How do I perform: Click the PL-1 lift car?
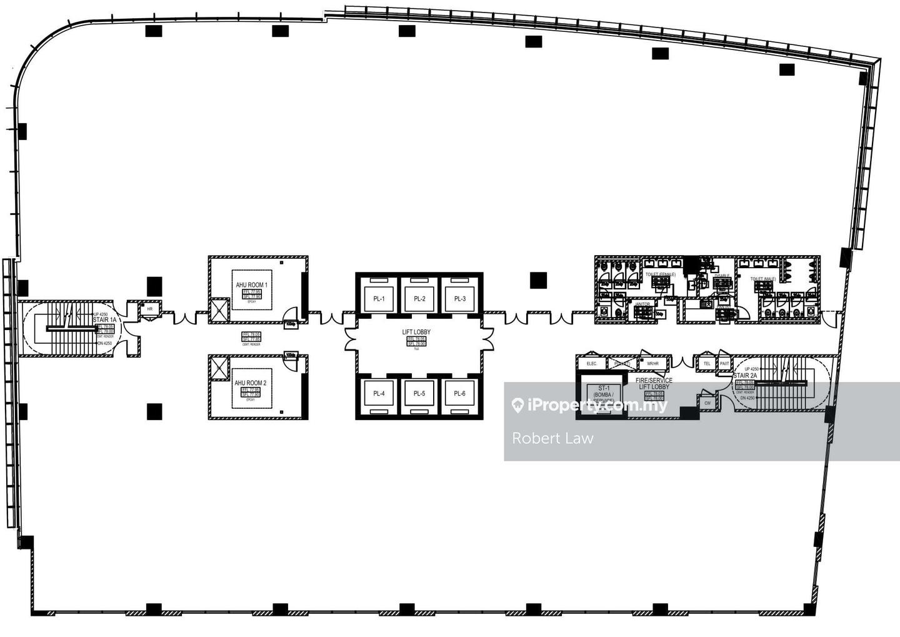pyautogui.click(x=379, y=299)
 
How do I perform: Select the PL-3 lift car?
pyautogui.click(x=460, y=299)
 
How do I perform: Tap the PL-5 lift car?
pyautogui.click(x=419, y=393)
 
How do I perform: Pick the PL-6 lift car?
pyautogui.click(x=459, y=393)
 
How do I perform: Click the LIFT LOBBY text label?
pyautogui.click(x=416, y=333)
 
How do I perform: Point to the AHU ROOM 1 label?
pyautogui.click(x=251, y=285)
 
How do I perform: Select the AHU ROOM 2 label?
pyautogui.click(x=251, y=383)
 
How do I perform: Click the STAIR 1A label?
pyautogui.click(x=104, y=319)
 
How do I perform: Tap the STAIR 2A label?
pyautogui.click(x=745, y=376)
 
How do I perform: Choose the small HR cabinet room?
pyautogui.click(x=150, y=309)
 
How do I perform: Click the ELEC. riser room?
pyautogui.click(x=591, y=364)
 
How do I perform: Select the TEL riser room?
pyautogui.click(x=707, y=363)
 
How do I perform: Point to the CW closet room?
pyautogui.click(x=707, y=403)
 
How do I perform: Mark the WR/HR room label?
pyautogui.click(x=652, y=364)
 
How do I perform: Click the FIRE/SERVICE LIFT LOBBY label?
pyautogui.click(x=654, y=383)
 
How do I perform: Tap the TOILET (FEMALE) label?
pyautogui.click(x=660, y=274)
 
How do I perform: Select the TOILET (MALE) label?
pyautogui.click(x=763, y=279)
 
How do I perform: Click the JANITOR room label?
pyautogui.click(x=642, y=304)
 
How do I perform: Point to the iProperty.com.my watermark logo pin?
pyautogui.click(x=517, y=405)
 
